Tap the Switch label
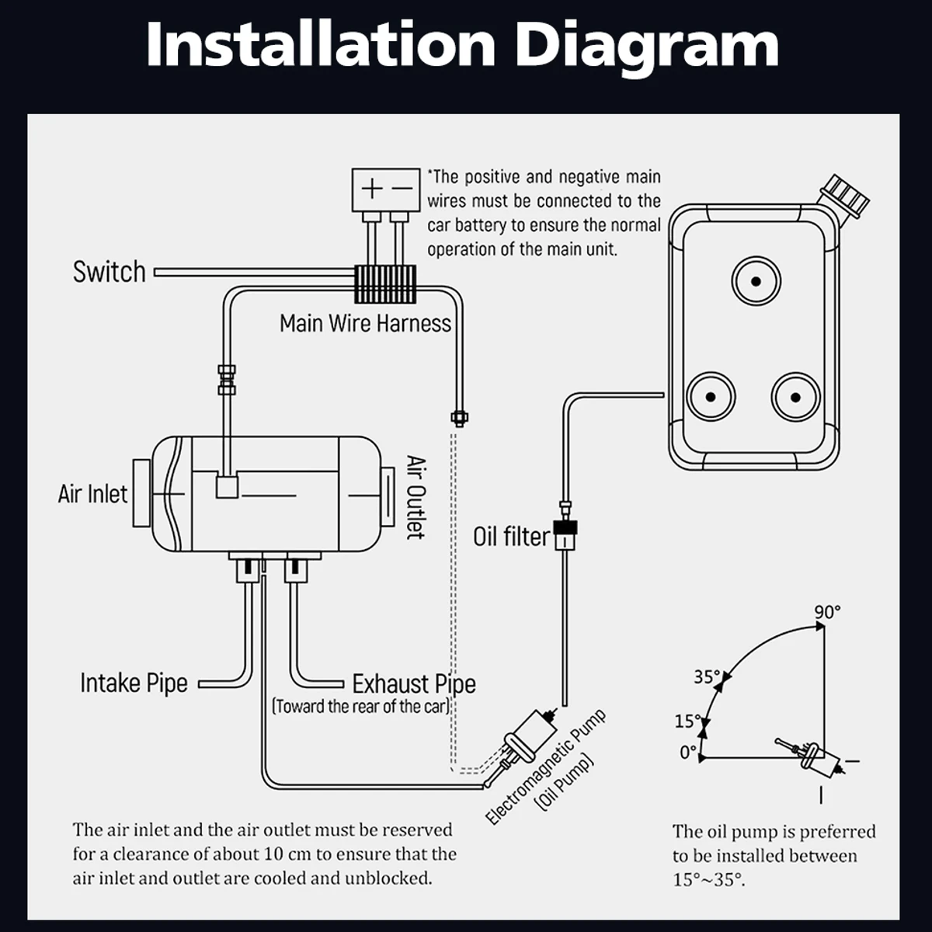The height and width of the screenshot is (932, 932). [109, 272]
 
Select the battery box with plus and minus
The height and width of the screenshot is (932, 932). [385, 188]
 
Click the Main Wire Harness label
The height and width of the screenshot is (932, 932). [365, 323]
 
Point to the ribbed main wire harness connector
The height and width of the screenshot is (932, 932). [385, 284]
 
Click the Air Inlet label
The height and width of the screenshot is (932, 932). [92, 494]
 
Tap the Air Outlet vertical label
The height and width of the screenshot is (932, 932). [417, 497]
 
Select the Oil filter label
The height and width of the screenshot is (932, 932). [512, 537]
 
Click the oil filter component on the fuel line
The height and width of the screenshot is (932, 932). [567, 534]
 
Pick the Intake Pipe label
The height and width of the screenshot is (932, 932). [134, 683]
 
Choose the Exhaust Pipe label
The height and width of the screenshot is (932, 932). [414, 684]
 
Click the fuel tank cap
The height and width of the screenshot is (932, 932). [846, 194]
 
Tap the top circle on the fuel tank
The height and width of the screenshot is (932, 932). [756, 281]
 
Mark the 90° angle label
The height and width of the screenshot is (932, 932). [828, 613]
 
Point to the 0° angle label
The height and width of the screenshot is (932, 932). [688, 753]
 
